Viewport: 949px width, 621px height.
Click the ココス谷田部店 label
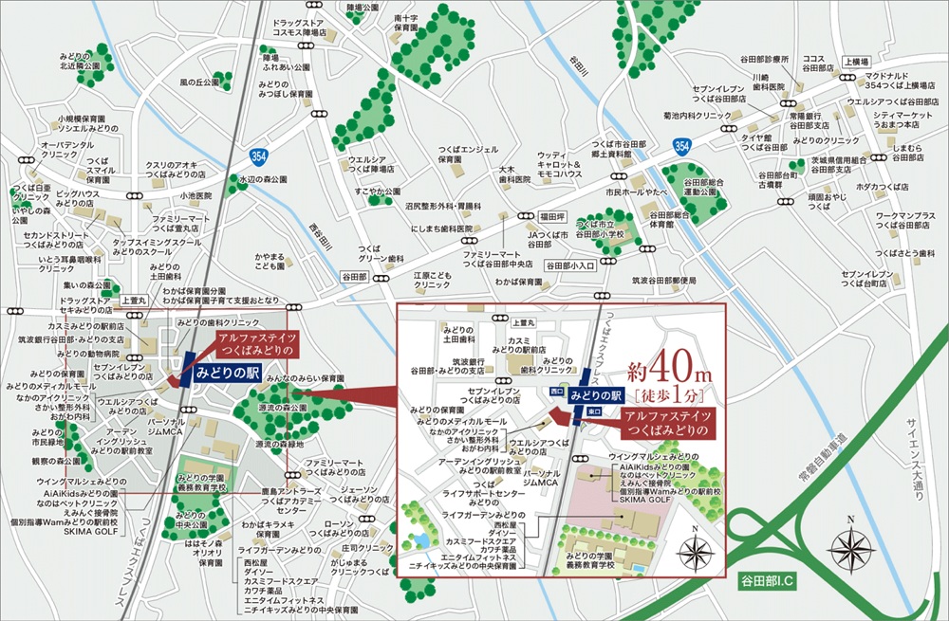(x=817, y=63)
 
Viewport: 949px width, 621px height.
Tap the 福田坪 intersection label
(x=552, y=215)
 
